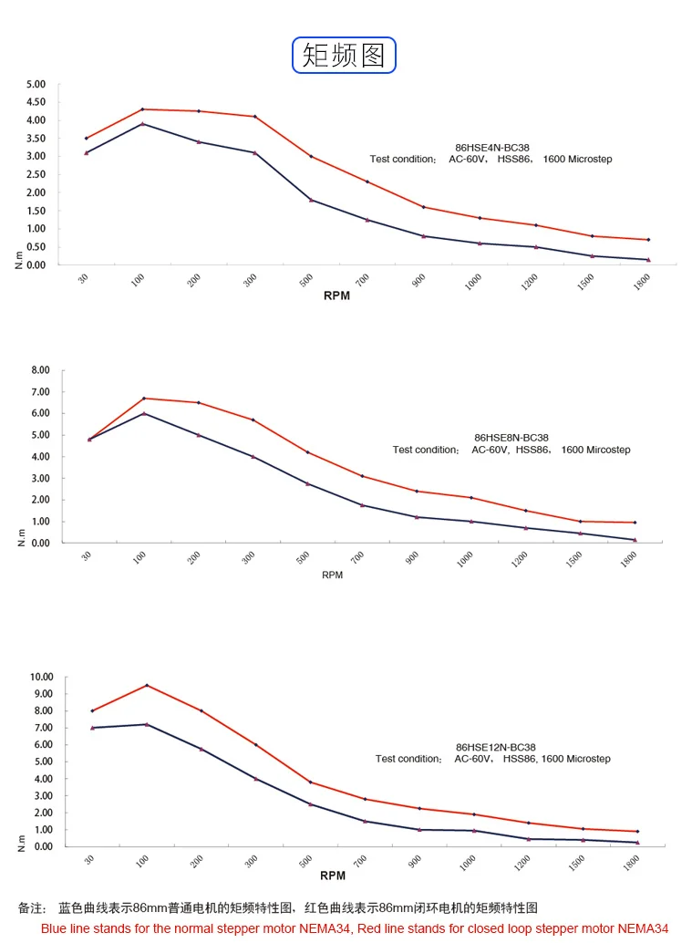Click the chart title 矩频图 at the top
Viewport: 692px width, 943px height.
click(344, 55)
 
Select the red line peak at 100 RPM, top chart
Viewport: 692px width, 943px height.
click(142, 109)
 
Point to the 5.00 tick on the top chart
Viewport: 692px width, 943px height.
click(36, 84)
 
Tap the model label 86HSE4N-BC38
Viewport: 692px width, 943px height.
click(492, 147)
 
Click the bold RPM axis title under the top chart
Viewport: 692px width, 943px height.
click(336, 296)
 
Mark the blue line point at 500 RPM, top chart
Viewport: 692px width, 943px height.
click(311, 200)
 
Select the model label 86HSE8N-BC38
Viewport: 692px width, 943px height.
click(511, 438)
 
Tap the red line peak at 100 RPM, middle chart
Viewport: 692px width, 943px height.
click(144, 398)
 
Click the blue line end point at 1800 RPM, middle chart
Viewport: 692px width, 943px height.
click(635, 540)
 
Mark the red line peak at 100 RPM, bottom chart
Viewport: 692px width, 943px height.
click(147, 685)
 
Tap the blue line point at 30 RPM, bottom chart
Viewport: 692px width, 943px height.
click(92, 728)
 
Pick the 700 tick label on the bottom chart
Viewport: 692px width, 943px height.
click(362, 862)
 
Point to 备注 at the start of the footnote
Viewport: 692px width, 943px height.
click(31, 908)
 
